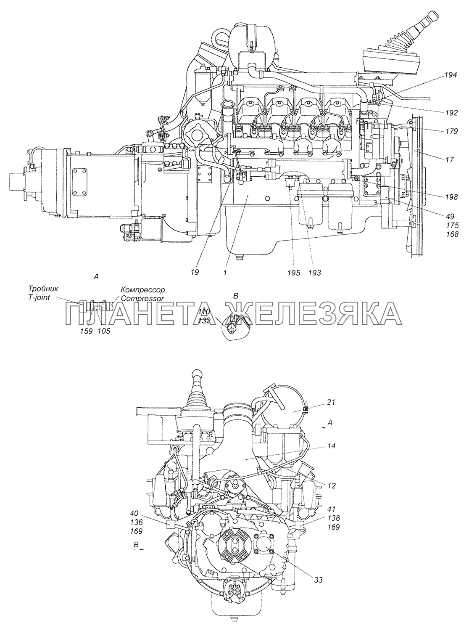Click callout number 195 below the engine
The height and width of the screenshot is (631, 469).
294,273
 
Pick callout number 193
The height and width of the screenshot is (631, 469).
314,273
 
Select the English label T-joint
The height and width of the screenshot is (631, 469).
41,298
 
